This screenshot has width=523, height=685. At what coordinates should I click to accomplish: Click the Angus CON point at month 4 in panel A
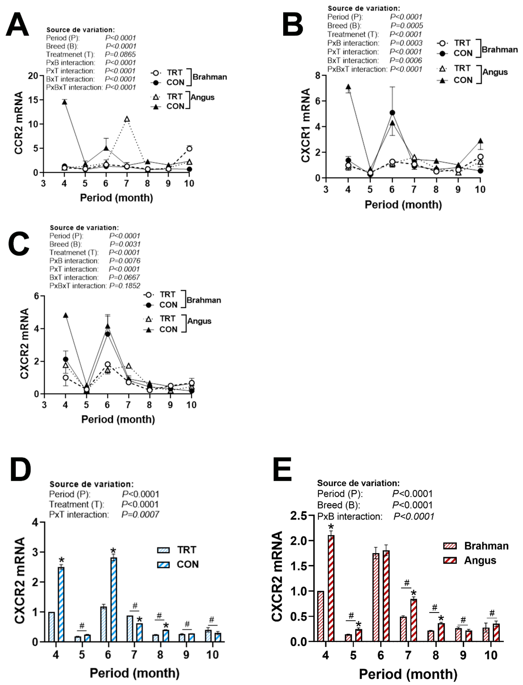64,102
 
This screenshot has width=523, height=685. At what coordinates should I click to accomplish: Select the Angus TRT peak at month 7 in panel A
127,119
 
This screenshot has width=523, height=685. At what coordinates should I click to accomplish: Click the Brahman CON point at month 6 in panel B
392,113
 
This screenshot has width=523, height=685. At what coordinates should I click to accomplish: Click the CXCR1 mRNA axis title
306,125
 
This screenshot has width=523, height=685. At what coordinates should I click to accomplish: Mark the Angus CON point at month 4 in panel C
65,316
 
